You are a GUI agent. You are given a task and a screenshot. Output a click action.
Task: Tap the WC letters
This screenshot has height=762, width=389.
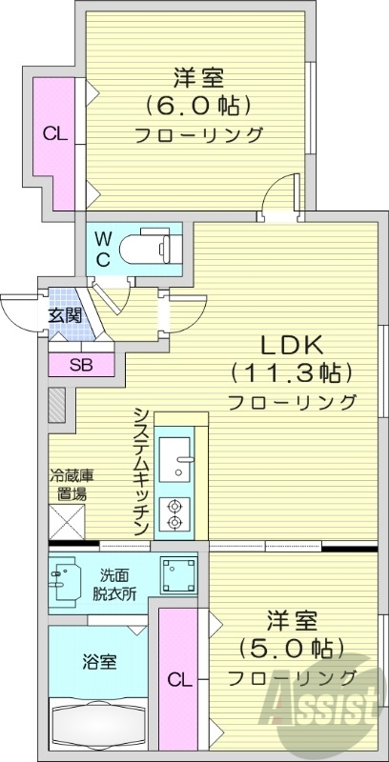point(104,247)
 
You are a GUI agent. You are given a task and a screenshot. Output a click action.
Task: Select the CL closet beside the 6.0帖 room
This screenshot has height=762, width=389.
point(53,134)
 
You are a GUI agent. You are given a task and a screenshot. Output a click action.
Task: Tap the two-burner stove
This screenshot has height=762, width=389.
point(175,513)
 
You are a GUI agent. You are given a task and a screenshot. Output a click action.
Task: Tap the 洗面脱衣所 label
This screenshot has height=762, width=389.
point(113,583)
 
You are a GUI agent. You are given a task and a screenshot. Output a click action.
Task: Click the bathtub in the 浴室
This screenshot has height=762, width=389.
point(96,718)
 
